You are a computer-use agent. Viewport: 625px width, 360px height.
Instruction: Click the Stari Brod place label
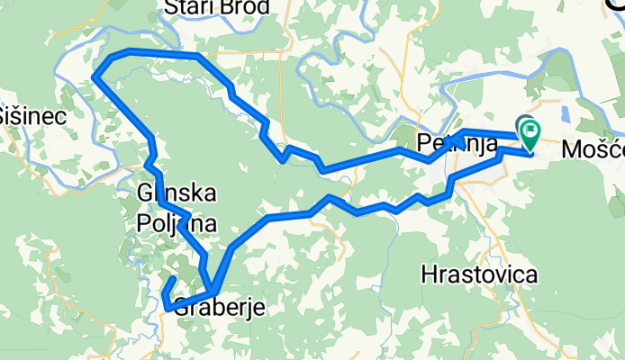(x=216, y=8)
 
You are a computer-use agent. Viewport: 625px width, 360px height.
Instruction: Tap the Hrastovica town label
(x=479, y=274)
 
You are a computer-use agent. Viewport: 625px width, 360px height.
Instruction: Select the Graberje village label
(x=219, y=306)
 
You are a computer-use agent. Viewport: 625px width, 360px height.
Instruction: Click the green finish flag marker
(x=529, y=136)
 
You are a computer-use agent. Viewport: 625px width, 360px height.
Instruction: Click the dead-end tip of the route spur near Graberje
(x=174, y=279)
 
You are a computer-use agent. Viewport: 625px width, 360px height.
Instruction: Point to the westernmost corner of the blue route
(x=95, y=78)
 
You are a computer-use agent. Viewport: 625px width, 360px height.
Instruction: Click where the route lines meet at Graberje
(x=213, y=290)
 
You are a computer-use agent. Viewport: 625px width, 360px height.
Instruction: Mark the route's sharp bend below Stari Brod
(x=197, y=56)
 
